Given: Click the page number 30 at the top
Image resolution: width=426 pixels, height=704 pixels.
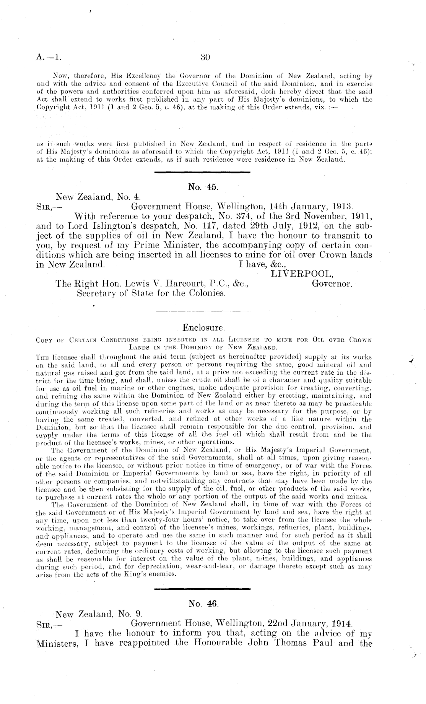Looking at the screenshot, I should pyautogui.click(x=206, y=57).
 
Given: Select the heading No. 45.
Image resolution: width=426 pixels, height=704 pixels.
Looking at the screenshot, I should pyautogui.click(x=203, y=187).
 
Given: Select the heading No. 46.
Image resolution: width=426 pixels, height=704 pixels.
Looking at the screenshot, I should pyautogui.click(x=203, y=604).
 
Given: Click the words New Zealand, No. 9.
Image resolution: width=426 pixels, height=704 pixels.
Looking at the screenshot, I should pyautogui.click(x=99, y=614).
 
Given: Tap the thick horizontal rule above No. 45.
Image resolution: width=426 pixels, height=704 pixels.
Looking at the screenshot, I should pyautogui.click(x=202, y=173).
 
